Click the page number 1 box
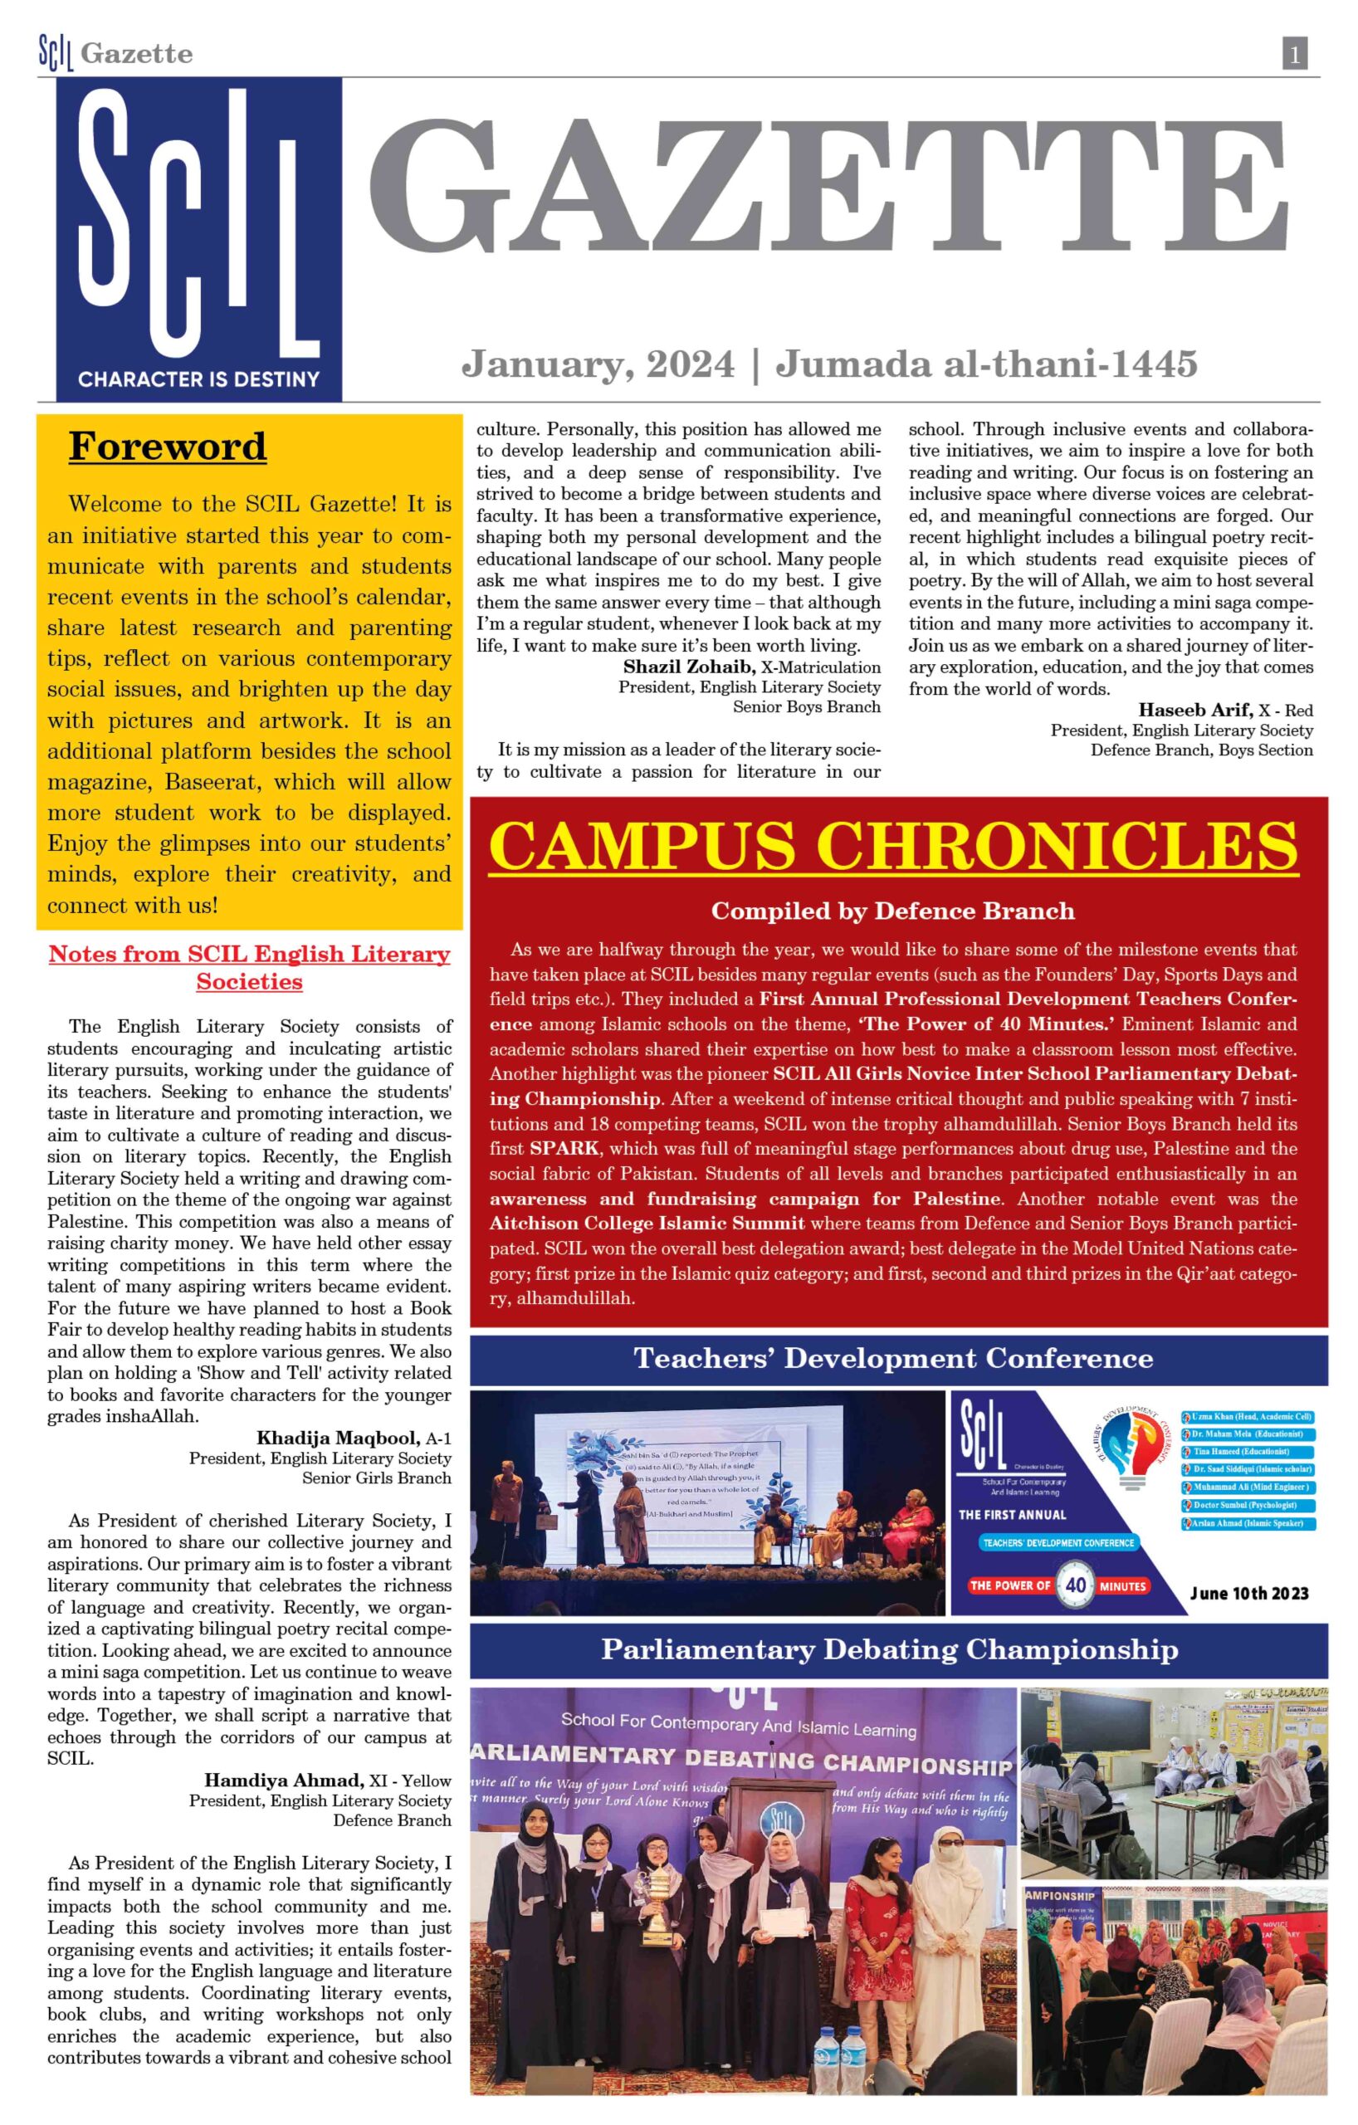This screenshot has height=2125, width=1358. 1293,55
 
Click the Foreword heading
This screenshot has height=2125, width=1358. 168,447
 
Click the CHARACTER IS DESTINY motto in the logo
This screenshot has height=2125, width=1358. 198,379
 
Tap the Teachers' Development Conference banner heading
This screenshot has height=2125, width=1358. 893,1358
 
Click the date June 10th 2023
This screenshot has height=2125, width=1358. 1248,1593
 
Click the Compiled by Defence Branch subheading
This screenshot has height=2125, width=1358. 892,911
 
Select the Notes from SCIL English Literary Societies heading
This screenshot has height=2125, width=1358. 250,968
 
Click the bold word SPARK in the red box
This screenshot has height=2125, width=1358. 564,1149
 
